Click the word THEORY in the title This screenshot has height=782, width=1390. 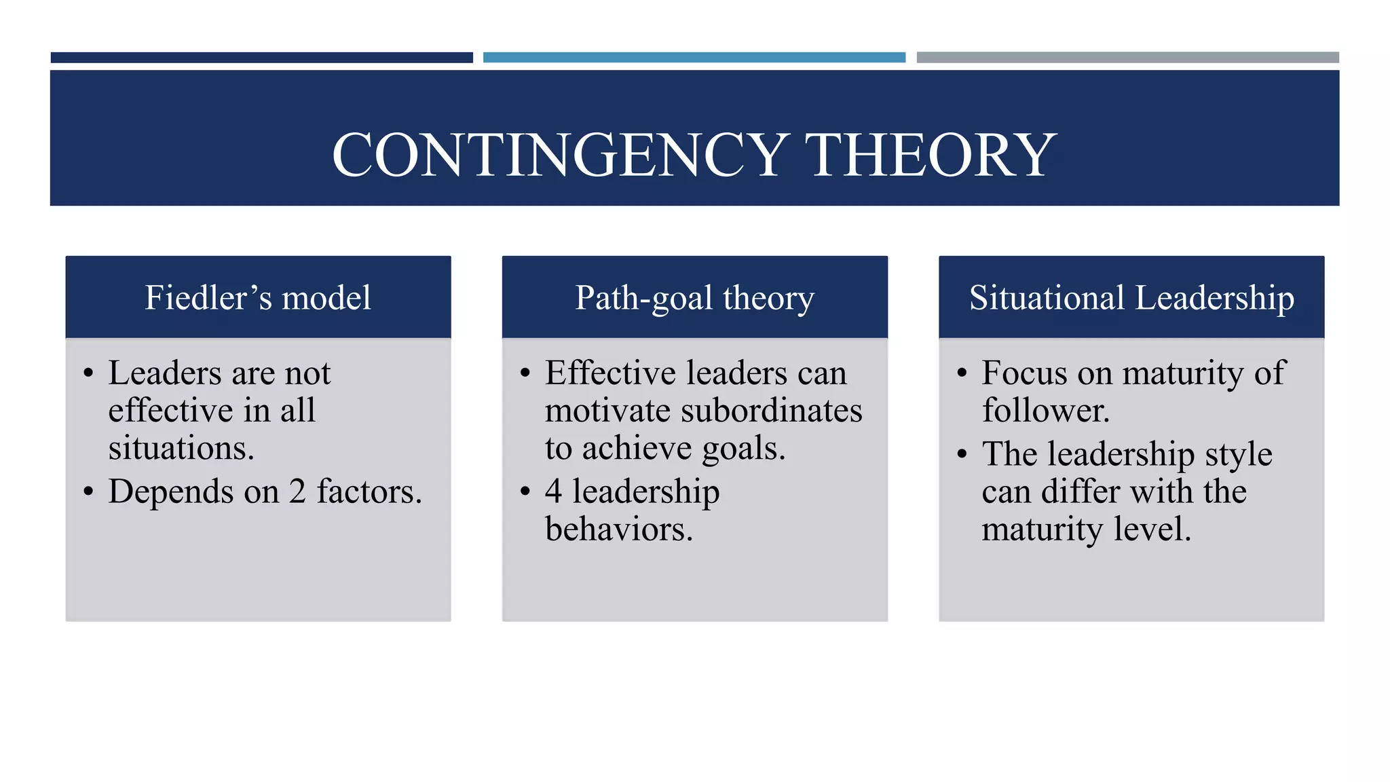pyautogui.click(x=933, y=155)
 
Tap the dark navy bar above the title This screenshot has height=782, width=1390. pyautogui.click(x=261, y=58)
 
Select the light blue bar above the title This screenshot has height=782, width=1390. pyautogui.click(x=694, y=58)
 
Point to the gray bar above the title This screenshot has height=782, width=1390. pyautogui.click(x=1127, y=58)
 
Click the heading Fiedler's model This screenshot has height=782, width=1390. pyautogui.click(x=258, y=297)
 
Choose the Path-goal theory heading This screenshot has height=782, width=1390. pyautogui.click(x=694, y=297)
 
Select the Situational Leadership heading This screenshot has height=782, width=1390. pyautogui.click(x=1131, y=297)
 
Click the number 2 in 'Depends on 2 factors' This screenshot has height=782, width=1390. pyautogui.click(x=297, y=491)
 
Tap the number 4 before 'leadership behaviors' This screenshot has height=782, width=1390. pyautogui.click(x=553, y=491)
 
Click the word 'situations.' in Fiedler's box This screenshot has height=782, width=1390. pyautogui.click(x=181, y=448)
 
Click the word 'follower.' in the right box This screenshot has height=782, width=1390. pyautogui.click(x=1045, y=411)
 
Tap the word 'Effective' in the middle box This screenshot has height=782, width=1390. pyautogui.click(x=610, y=373)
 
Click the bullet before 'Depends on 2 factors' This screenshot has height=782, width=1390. pyautogui.click(x=88, y=491)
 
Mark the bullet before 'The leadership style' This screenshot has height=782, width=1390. pyautogui.click(x=962, y=453)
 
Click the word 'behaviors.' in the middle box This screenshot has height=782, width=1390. pyautogui.click(x=618, y=529)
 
